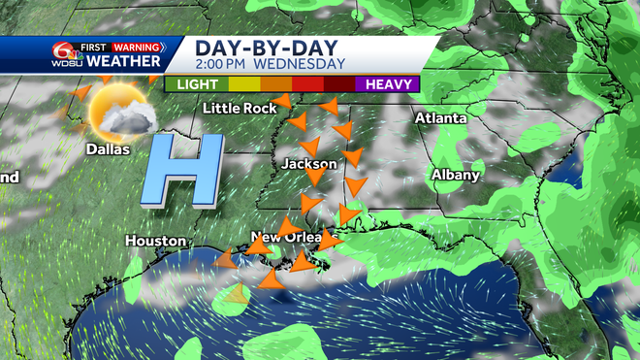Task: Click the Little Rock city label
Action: pos(235,108)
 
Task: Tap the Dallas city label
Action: pos(108,149)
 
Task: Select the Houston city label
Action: pos(155,240)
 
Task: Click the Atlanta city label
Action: pos(441,117)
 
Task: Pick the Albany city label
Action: pos(456,175)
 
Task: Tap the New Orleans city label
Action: pos(291,237)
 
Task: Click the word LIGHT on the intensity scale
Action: pos(196,84)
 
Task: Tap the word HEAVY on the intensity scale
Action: pos(386,84)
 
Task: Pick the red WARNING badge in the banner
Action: pos(144,46)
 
